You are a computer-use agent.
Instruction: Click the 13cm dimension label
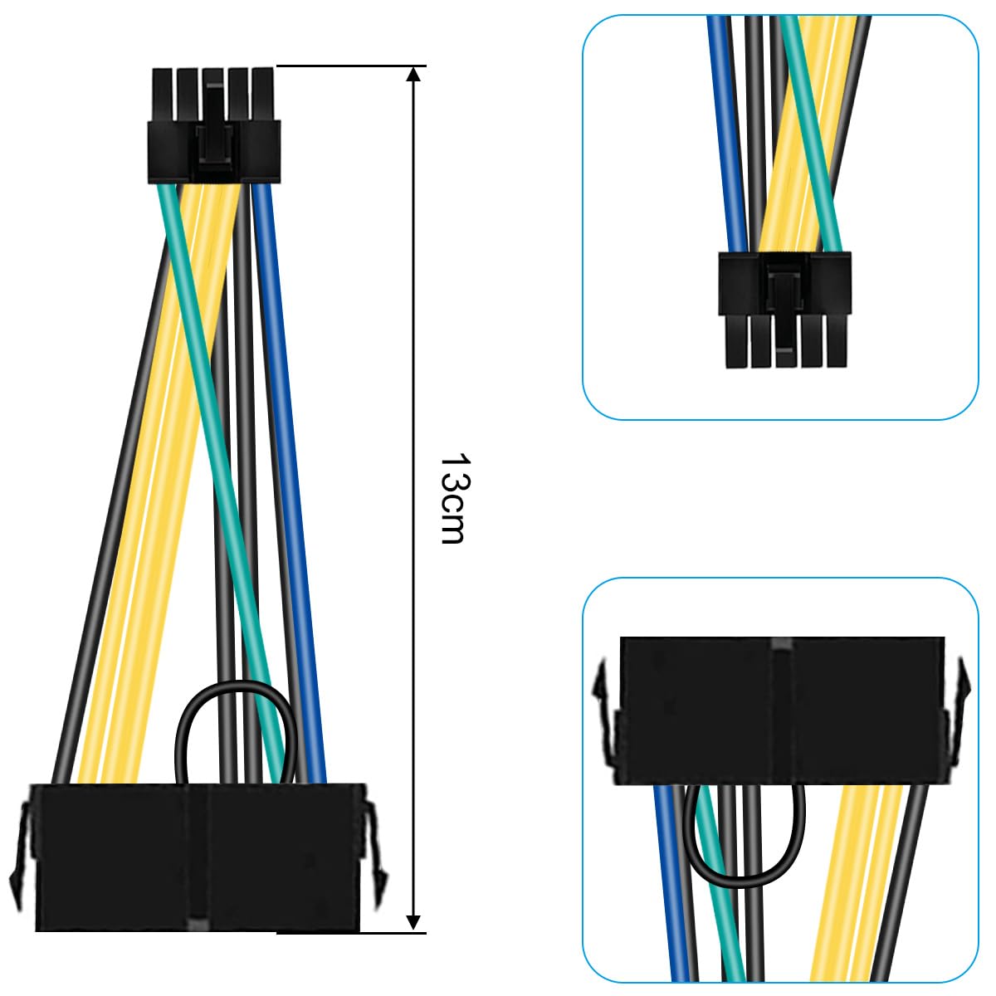click(452, 498)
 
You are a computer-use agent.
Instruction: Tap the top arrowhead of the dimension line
click(413, 75)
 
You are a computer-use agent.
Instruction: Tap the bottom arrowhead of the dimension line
click(413, 921)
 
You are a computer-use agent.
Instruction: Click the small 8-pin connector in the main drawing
click(213, 124)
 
